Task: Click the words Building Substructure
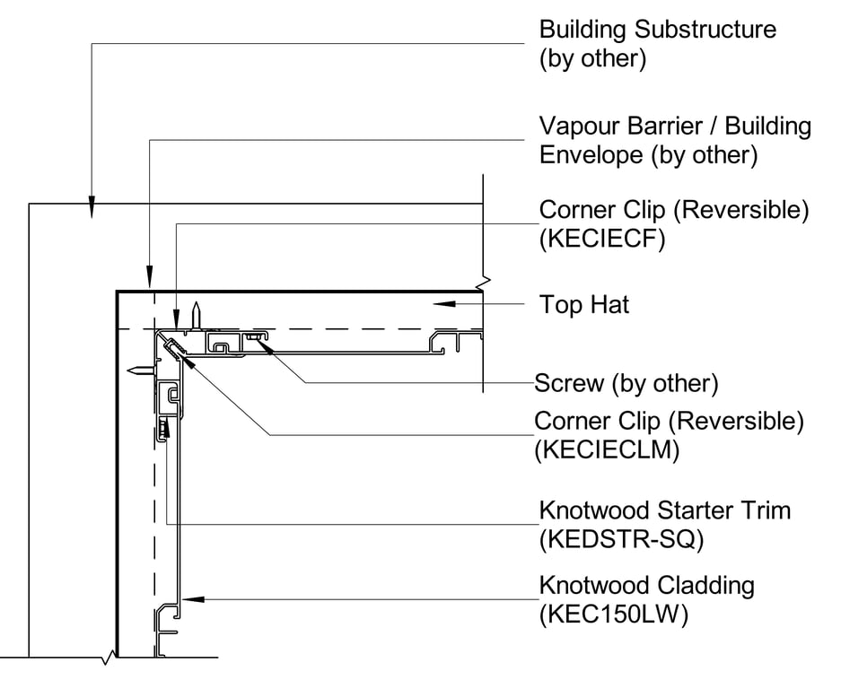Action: point(657,29)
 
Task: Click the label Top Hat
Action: point(584,305)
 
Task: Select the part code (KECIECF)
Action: point(601,240)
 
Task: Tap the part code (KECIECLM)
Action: point(606,449)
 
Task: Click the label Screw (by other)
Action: point(626,385)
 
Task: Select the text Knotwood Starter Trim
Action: point(664,510)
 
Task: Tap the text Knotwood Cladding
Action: point(646,586)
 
